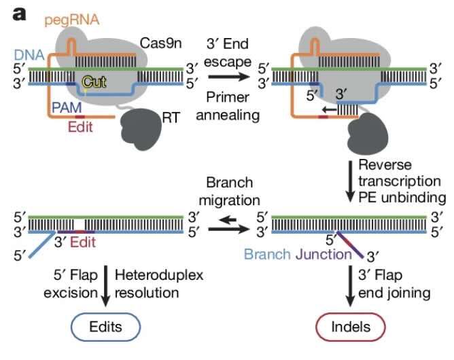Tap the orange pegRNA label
point(71,20)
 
